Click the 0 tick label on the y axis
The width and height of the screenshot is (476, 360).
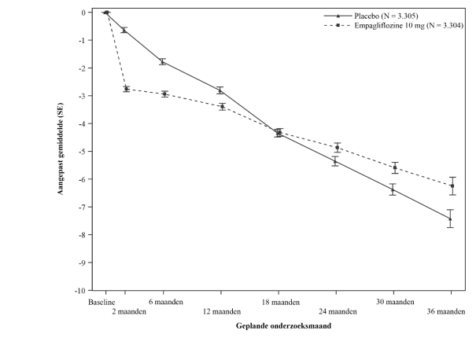[x=83, y=13]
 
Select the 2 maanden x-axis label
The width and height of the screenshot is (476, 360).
[x=127, y=311]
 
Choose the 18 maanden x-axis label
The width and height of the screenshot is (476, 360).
[x=279, y=302]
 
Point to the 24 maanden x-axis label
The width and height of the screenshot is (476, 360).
[x=335, y=311]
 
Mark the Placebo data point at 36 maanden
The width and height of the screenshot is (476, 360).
[x=450, y=219]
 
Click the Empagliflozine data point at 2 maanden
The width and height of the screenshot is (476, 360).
[x=126, y=89]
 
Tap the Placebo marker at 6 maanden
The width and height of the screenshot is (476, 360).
[x=163, y=61]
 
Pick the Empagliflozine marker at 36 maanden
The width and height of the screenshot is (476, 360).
[x=451, y=186]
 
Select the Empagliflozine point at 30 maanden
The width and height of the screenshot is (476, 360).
[x=394, y=167]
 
